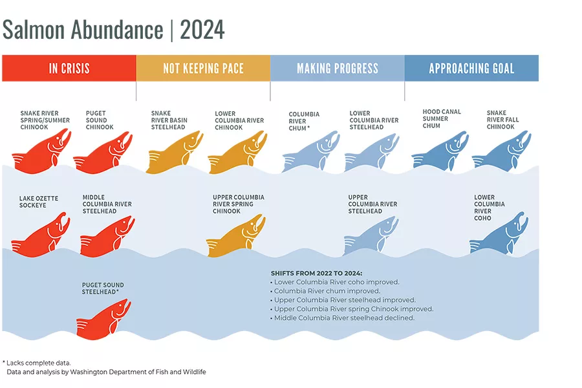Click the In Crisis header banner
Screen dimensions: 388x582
[x=69, y=68]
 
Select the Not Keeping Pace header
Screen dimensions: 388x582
[x=202, y=68]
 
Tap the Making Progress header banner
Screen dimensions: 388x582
[x=337, y=68]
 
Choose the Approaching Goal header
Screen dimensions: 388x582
[x=471, y=68]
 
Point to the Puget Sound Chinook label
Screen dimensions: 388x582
[x=100, y=120]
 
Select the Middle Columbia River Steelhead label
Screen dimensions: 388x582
[x=107, y=204]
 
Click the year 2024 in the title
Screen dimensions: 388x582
[x=202, y=30]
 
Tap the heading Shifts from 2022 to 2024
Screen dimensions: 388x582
[x=316, y=273]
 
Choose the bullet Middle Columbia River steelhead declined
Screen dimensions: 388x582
[x=344, y=318]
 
